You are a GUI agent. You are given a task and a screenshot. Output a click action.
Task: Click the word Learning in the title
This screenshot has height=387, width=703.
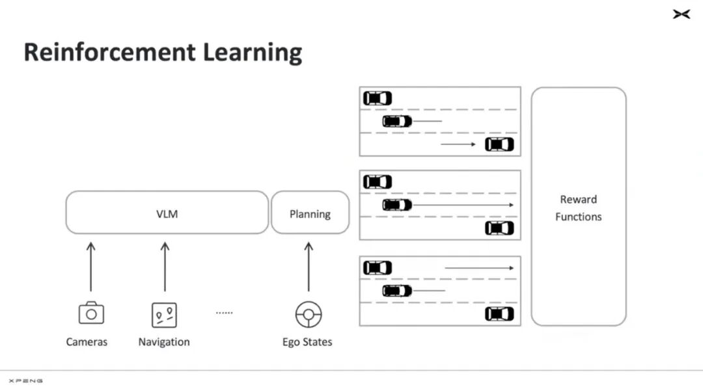tap(253, 53)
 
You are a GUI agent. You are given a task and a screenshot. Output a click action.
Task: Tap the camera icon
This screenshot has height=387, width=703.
tap(91, 313)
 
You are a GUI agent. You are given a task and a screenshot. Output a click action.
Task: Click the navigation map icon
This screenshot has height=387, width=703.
tap(164, 315)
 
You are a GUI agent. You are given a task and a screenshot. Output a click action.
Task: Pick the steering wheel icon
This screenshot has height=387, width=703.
tap(309, 314)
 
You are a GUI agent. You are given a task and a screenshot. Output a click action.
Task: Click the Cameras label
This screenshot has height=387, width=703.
tap(87, 341)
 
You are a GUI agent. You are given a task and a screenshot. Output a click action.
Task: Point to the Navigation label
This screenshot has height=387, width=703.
tap(164, 341)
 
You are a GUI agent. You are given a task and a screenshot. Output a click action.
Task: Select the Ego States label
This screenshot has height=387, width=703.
tap(307, 342)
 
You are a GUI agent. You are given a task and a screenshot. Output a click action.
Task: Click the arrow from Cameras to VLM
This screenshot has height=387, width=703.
tap(91, 267)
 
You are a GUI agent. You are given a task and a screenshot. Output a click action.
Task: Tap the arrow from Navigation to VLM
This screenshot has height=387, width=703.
tap(165, 267)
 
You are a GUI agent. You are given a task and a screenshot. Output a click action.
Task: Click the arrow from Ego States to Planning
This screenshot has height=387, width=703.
tap(309, 267)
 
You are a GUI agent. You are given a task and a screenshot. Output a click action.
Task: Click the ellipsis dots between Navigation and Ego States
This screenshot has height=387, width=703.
tap(224, 313)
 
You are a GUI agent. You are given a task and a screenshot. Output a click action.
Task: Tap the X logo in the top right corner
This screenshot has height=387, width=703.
tap(682, 14)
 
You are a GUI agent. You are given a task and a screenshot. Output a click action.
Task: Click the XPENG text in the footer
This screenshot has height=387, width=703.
tap(26, 380)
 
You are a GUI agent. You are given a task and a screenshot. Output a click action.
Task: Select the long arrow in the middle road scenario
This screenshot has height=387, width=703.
tap(463, 205)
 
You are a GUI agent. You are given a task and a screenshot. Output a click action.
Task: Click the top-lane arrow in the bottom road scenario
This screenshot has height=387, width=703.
tap(479, 268)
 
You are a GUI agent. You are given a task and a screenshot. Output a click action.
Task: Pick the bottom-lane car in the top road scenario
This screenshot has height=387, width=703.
tap(499, 144)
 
